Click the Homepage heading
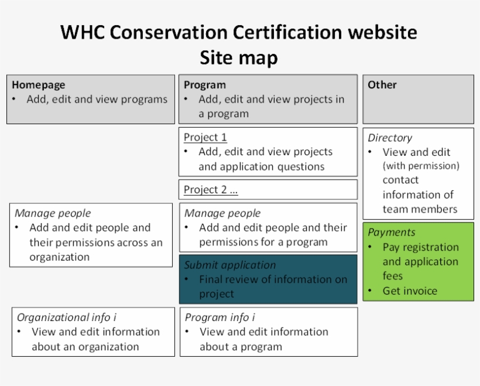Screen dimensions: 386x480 pyautogui.click(x=38, y=85)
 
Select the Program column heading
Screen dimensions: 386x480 pyautogui.click(x=204, y=85)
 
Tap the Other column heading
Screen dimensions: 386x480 pyautogui.click(x=382, y=85)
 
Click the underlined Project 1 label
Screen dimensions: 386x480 pyautogui.click(x=205, y=138)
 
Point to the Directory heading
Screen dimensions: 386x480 pyautogui.click(x=390, y=138)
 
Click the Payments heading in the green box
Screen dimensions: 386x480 pyautogui.click(x=392, y=233)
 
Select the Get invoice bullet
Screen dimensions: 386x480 pyautogui.click(x=410, y=291)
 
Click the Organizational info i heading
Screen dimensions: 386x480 pyautogui.click(x=66, y=317)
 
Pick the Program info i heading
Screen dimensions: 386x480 pyautogui.click(x=220, y=317)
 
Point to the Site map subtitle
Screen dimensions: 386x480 pyautogui.click(x=239, y=58)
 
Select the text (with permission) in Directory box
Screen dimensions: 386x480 pyautogui.click(x=421, y=166)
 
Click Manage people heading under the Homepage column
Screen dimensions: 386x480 pyautogui.click(x=53, y=213)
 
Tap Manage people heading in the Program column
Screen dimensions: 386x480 pyautogui.click(x=222, y=213)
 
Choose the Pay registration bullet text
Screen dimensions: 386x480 pyautogui.click(x=420, y=247)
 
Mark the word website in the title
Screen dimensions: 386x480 pyautogui.click(x=382, y=32)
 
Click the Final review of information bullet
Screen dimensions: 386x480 pyautogui.click(x=273, y=280)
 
